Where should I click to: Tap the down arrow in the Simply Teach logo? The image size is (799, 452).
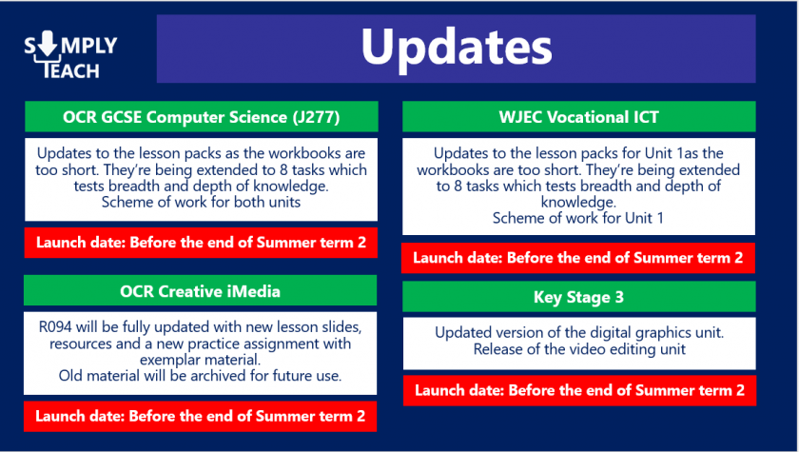[x=48, y=43]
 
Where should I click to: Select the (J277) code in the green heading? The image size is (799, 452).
[x=316, y=117]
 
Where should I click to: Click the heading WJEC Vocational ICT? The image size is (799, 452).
[x=579, y=117]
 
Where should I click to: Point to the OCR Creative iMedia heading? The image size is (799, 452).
[x=201, y=291]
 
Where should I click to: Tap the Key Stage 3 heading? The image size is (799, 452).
[x=579, y=297]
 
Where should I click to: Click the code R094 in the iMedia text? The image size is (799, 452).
[x=54, y=326]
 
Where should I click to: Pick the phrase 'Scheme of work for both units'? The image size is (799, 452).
[x=201, y=202]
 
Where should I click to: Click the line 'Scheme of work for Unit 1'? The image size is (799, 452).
[x=578, y=218]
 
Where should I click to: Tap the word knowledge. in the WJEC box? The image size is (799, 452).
[x=578, y=203]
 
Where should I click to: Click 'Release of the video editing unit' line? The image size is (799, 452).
[x=579, y=349]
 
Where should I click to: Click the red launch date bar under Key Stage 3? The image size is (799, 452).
[x=579, y=390]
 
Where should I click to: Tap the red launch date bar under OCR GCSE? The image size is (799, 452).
[x=201, y=242]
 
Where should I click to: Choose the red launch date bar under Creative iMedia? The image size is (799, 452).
[x=201, y=417]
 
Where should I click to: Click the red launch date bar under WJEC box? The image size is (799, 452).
[x=578, y=258]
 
